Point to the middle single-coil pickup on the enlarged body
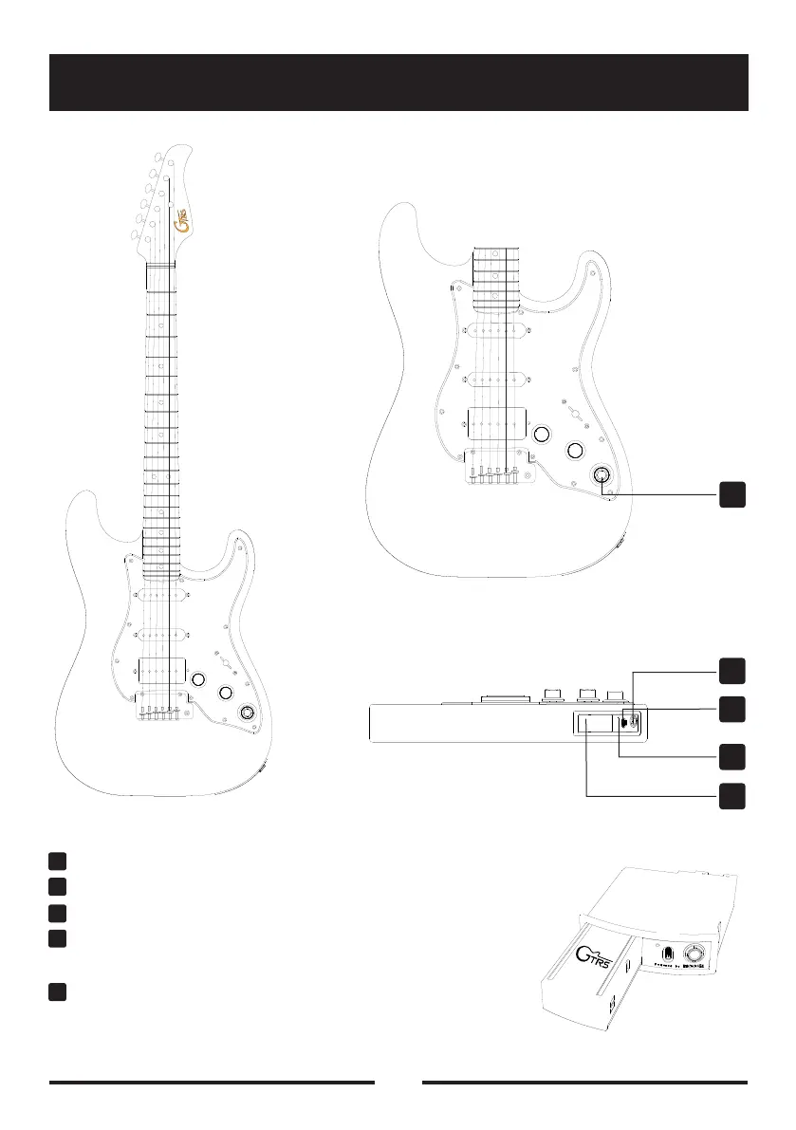[x=495, y=380]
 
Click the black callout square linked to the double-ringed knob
[x=731, y=493]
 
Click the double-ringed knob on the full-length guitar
[x=249, y=713]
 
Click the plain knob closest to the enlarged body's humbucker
[x=542, y=435]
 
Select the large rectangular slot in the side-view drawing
[x=589, y=724]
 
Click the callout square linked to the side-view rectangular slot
[x=731, y=796]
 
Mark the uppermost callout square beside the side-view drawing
[x=731, y=670]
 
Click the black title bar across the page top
[x=398, y=83]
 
